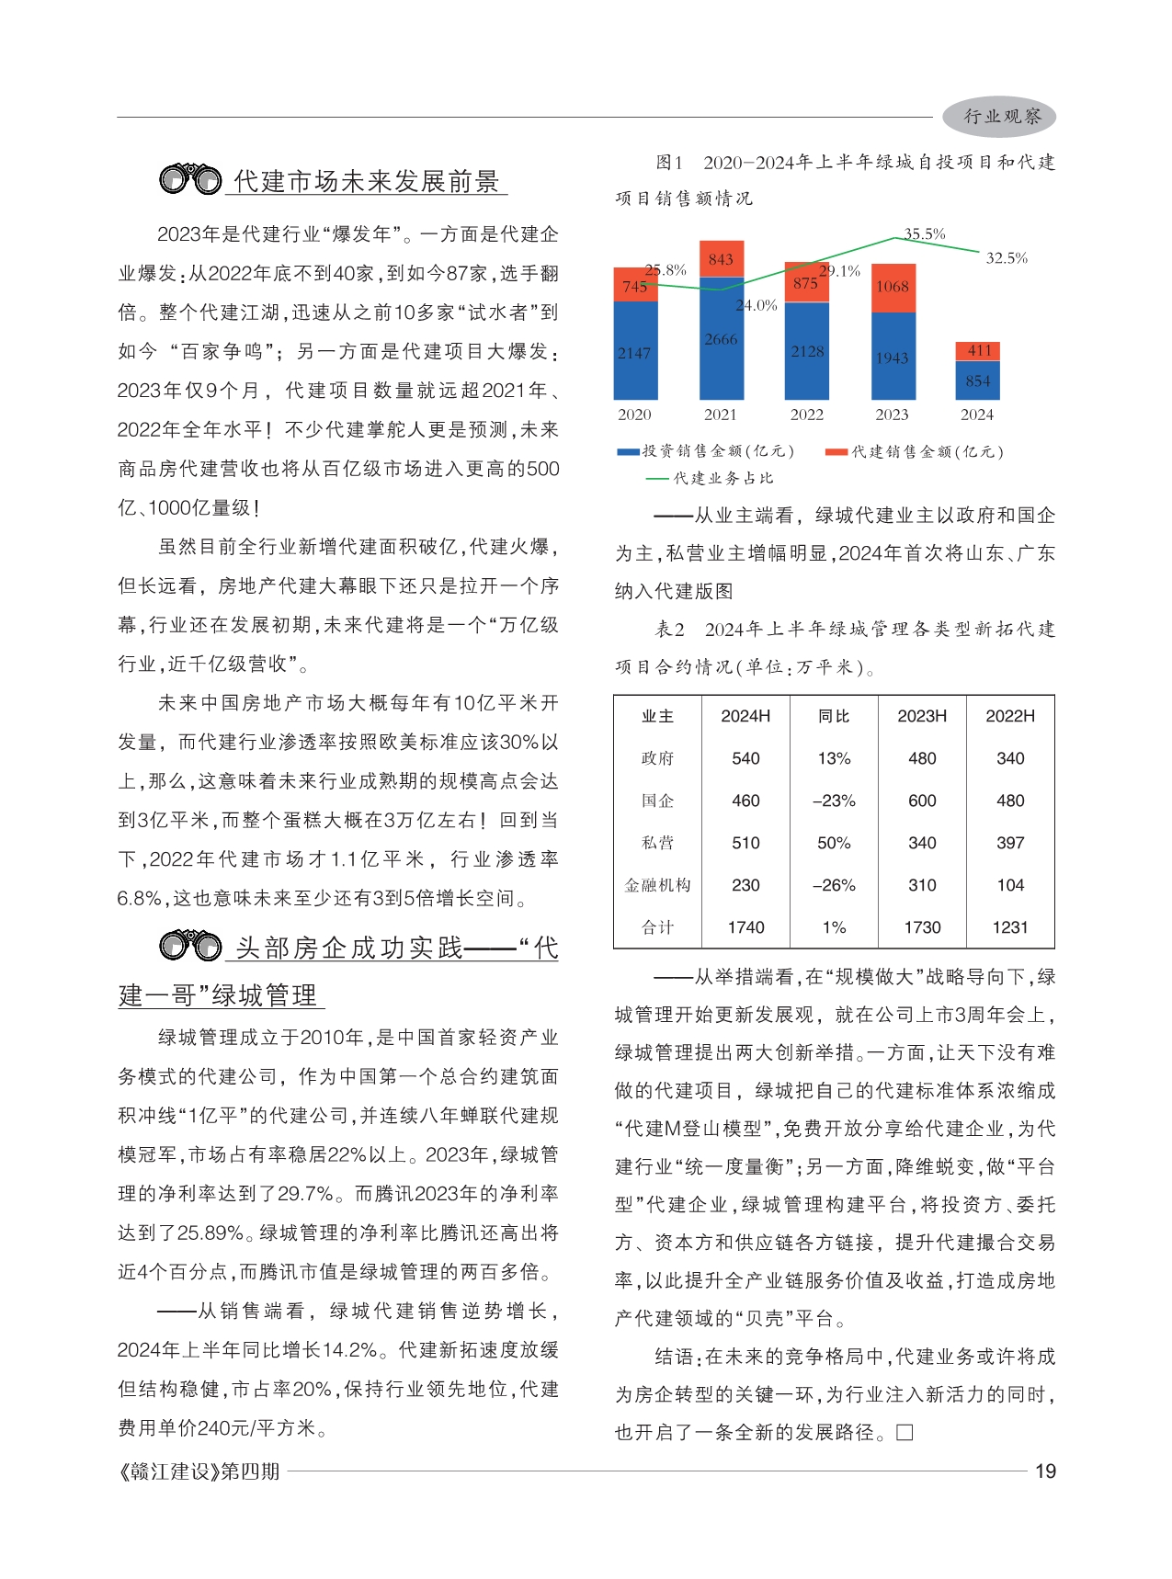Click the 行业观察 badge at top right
tap(999, 117)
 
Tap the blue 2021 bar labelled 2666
tap(721, 340)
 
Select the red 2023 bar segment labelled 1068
tap(893, 287)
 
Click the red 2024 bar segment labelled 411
tap(978, 350)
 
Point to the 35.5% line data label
tap(924, 233)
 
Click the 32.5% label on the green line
tap(1007, 258)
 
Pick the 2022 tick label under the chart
tap(806, 415)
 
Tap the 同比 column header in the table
tap(834, 716)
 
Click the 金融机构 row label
tap(657, 885)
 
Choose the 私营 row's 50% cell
tap(834, 843)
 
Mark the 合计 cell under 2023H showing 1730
tap(922, 927)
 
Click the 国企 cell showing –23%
tap(834, 801)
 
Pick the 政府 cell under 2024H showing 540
tap(745, 758)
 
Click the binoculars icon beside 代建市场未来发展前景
tap(190, 178)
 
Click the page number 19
tap(1045, 1471)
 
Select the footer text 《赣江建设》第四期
tap(199, 1471)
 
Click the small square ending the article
tap(905, 1433)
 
